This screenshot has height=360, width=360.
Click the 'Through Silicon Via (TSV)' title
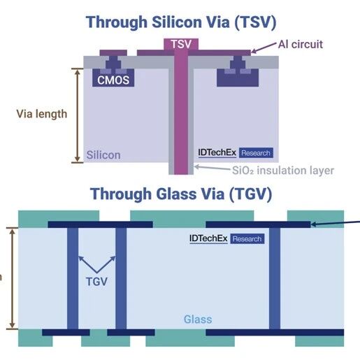181,22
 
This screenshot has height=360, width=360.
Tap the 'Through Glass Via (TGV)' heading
181,194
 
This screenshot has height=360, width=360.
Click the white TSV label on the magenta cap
181,44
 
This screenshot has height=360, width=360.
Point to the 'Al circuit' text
301,44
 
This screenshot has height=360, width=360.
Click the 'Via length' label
42,114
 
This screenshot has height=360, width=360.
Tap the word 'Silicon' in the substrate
103,155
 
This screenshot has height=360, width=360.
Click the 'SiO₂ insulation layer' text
283,171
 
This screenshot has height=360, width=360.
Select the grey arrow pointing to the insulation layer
212,168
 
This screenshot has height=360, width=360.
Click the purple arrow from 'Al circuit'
264,48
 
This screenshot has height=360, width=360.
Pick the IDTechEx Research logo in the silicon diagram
236,153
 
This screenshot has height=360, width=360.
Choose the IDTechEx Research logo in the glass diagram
227,238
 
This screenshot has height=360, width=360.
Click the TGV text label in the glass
96,282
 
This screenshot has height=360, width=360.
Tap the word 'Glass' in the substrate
198,319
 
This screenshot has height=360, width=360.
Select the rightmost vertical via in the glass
275,278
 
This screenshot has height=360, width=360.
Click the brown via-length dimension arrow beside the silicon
78,115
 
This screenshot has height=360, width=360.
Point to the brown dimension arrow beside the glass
13,278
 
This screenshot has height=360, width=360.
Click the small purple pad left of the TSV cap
113,52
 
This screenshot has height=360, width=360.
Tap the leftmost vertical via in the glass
73,278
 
